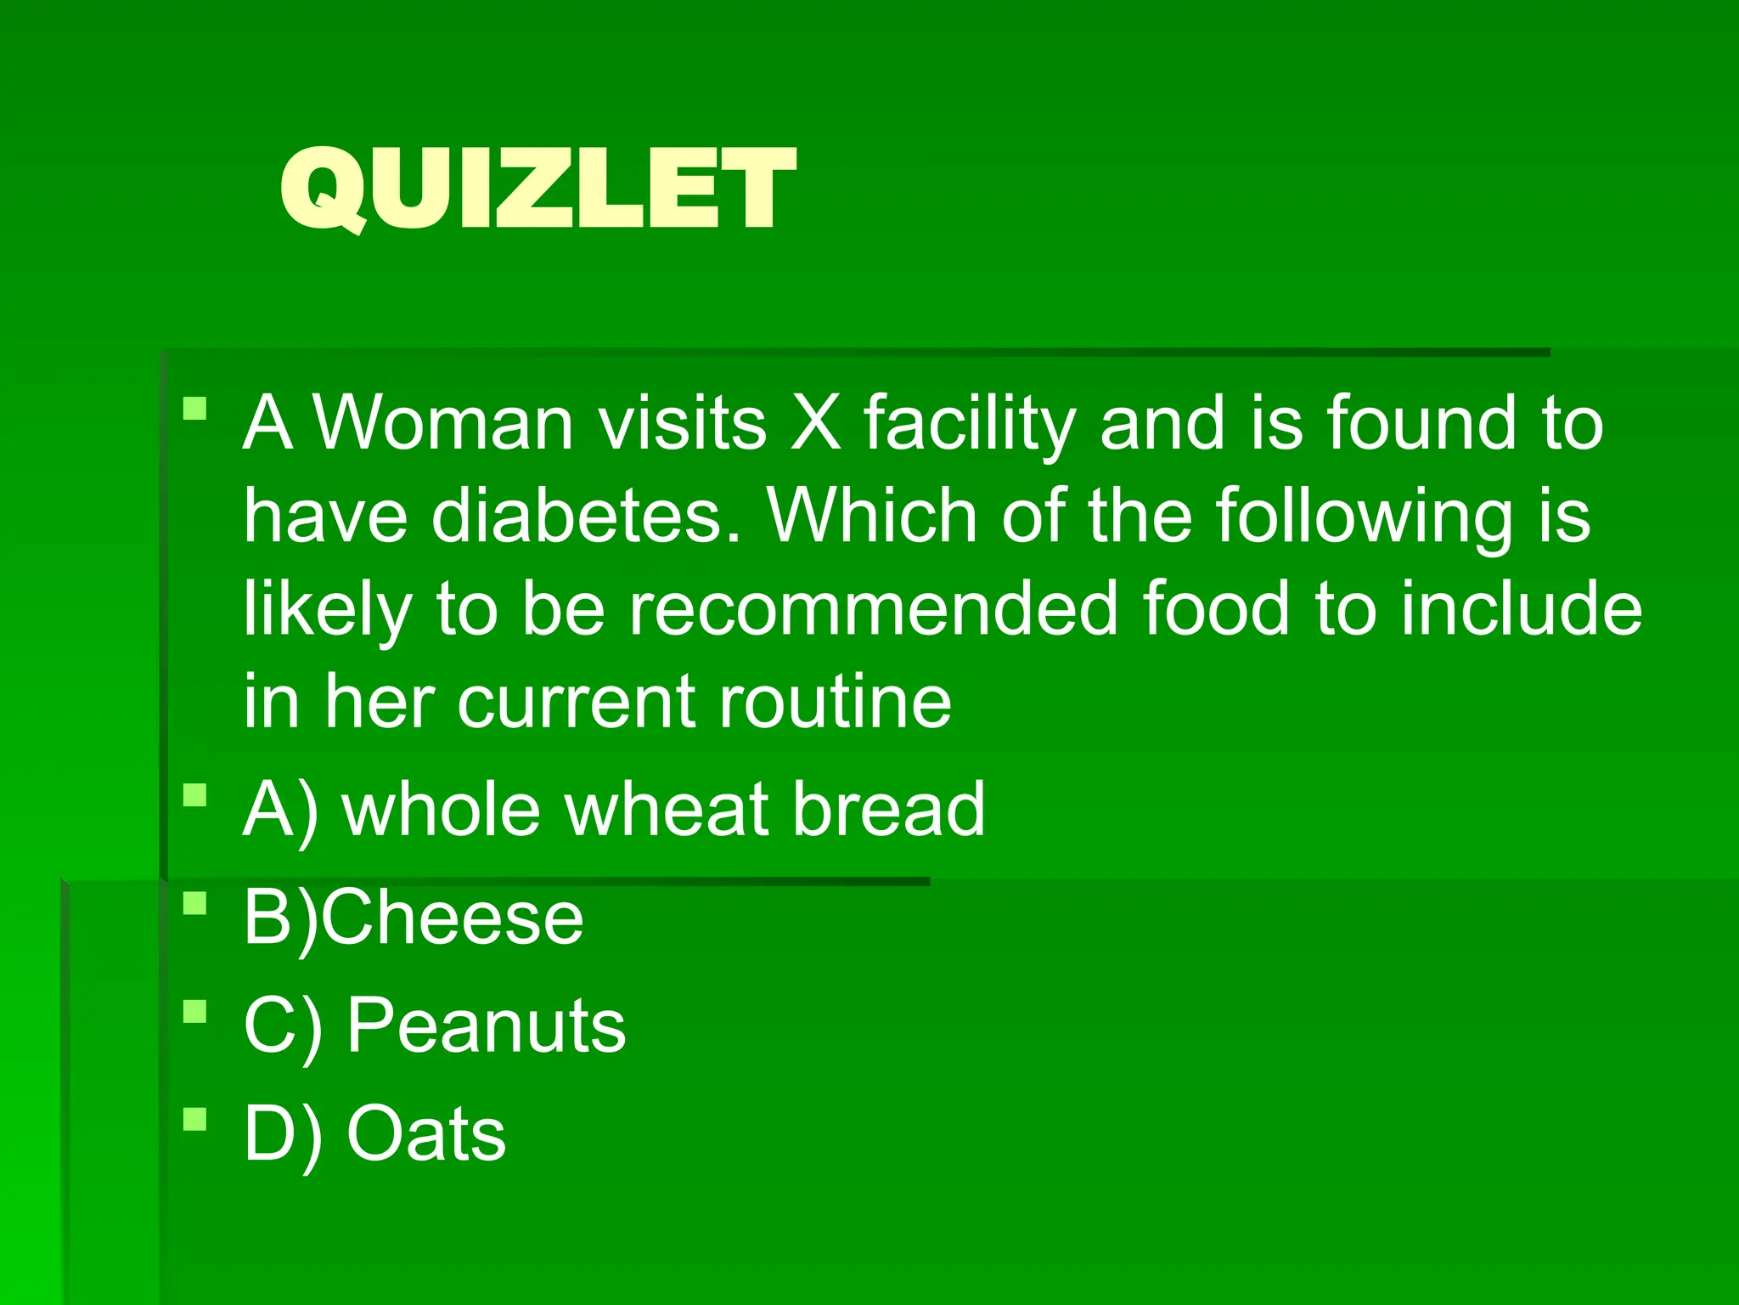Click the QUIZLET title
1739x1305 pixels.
coord(537,189)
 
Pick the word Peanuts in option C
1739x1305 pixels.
coord(486,1025)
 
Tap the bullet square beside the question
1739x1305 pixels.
coord(195,409)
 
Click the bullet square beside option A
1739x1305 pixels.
coord(195,795)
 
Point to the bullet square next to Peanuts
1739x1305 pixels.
coord(195,1011)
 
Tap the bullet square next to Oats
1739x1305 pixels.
coord(195,1119)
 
